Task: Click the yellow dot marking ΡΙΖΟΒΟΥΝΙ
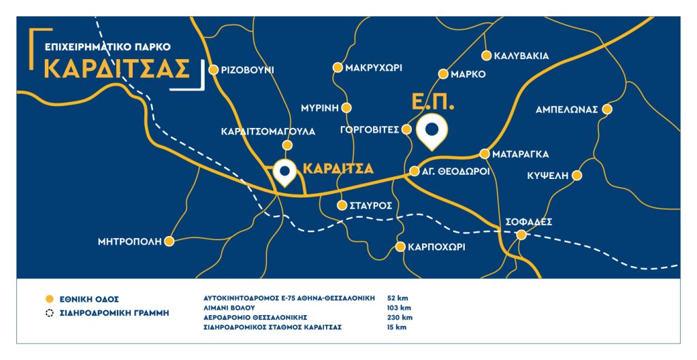tap(213, 69)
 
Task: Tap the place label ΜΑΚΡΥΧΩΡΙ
tap(374, 68)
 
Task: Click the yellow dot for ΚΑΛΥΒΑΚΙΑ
tap(486, 56)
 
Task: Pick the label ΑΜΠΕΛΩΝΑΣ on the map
tap(566, 109)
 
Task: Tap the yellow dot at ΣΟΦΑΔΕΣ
tap(521, 235)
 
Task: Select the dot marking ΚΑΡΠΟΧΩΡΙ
tap(400, 247)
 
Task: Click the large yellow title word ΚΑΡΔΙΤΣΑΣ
tap(115, 69)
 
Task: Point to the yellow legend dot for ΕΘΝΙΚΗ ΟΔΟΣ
tap(48, 299)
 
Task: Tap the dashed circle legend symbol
tap(48, 313)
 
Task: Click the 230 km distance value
tap(396, 318)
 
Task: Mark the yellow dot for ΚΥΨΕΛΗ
tap(577, 176)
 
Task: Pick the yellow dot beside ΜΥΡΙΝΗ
tap(346, 108)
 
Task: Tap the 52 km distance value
tap(395, 298)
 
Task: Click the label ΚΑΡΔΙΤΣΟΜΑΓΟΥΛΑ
tap(268, 131)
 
